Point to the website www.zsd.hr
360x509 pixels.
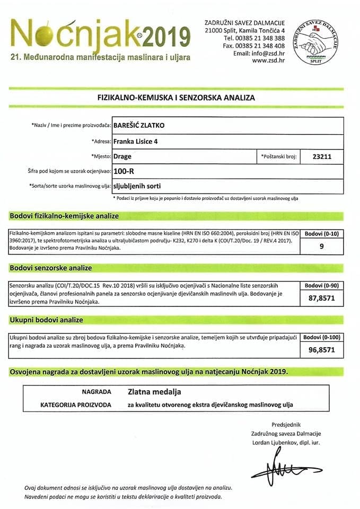(269, 60)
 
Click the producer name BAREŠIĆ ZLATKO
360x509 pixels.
(139, 126)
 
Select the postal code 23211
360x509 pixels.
(323, 157)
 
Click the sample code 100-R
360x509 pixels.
(125, 171)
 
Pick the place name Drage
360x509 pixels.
(122, 157)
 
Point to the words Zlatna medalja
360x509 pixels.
(154, 392)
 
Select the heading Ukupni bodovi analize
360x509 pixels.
(47, 320)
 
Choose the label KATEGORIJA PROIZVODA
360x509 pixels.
(76, 405)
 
